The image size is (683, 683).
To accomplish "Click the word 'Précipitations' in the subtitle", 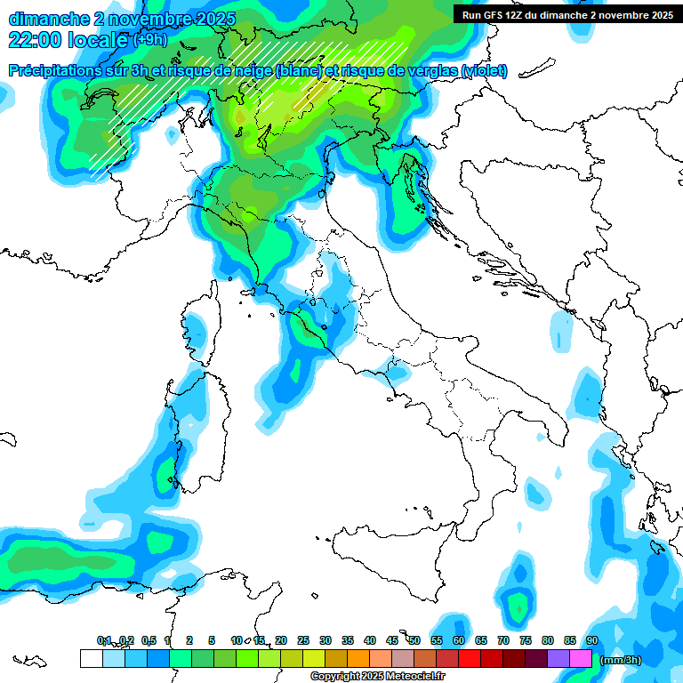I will coord(54,70).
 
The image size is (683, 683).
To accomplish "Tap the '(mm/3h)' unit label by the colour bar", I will coord(621,660).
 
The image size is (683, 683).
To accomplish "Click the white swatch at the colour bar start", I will coord(91,658).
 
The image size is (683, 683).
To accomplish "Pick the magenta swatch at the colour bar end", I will coord(581,658).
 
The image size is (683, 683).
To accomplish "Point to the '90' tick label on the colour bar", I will coord(591,640).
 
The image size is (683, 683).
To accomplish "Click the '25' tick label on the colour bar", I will coord(303,640).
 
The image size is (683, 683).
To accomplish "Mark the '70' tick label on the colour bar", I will coord(503,640).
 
